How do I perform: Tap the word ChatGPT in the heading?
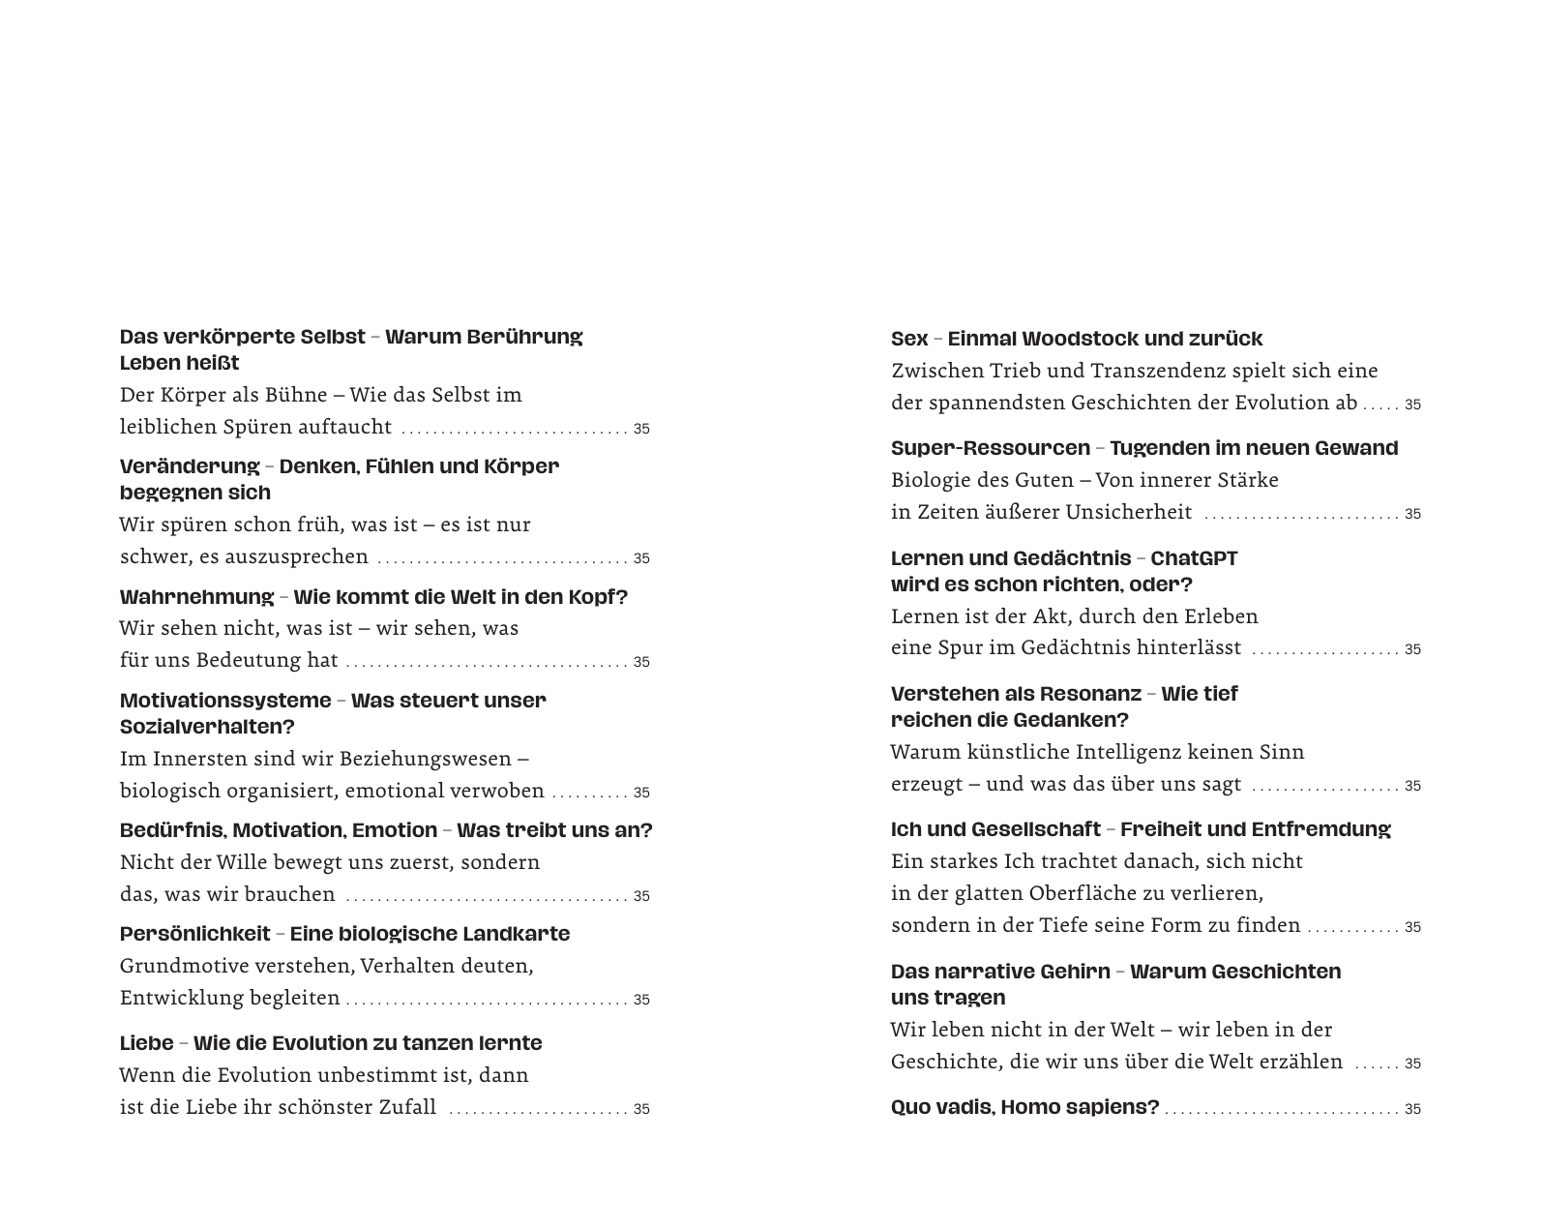(x=1194, y=558)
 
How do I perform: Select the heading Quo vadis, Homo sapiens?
(x=1024, y=1107)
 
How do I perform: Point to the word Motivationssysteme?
(x=225, y=700)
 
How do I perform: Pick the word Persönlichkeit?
(x=194, y=934)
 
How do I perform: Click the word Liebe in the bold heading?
(x=146, y=1043)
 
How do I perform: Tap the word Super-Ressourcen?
(x=990, y=448)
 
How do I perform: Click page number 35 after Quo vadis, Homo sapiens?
(x=1412, y=1109)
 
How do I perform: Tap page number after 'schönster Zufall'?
(x=641, y=1109)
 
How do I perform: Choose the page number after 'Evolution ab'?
(x=1412, y=405)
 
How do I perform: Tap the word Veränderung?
(x=190, y=466)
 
